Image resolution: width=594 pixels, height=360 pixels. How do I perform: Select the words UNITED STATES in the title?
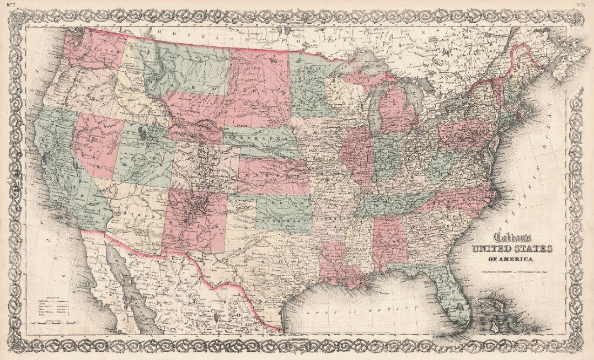[x=512, y=249]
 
